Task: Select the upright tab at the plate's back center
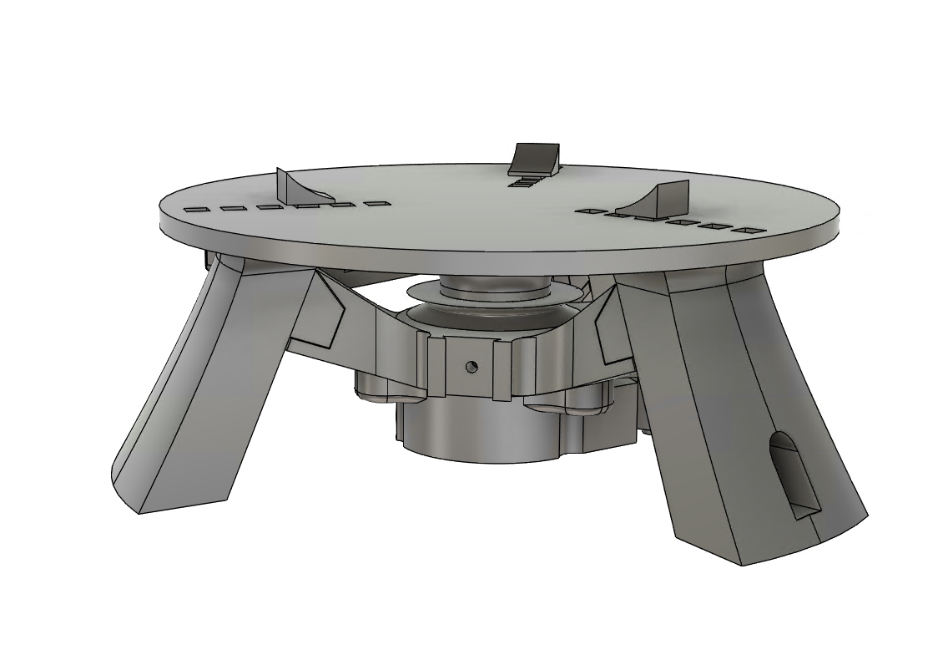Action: (x=534, y=158)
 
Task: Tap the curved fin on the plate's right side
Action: (x=668, y=198)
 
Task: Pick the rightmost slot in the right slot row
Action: (x=749, y=230)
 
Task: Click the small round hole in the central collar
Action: (x=471, y=366)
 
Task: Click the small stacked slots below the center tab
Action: (x=525, y=181)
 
